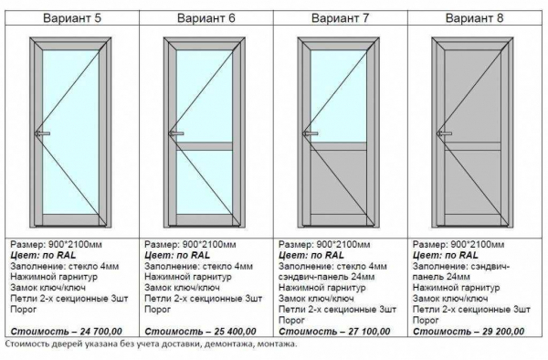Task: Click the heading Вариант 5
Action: click(x=72, y=18)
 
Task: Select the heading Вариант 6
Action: click(x=206, y=18)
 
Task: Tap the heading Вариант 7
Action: click(x=340, y=18)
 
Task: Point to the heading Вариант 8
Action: click(x=474, y=18)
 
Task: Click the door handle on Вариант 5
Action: click(x=43, y=133)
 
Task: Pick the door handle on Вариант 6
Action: click(x=176, y=133)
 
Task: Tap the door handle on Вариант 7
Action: click(x=311, y=133)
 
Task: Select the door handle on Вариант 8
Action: click(x=445, y=133)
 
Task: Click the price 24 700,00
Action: click(x=101, y=331)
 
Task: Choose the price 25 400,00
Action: click(x=236, y=331)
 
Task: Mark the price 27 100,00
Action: click(x=369, y=331)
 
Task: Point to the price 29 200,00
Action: click(x=503, y=331)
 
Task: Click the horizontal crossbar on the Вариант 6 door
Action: click(x=205, y=146)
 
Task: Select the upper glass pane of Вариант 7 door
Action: click(x=339, y=96)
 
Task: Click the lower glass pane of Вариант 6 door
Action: click(x=205, y=182)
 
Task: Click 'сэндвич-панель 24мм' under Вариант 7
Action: click(x=326, y=277)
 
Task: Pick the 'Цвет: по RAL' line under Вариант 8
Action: click(x=446, y=255)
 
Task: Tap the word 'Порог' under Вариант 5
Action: click(x=24, y=310)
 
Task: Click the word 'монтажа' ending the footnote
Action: click(x=277, y=344)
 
